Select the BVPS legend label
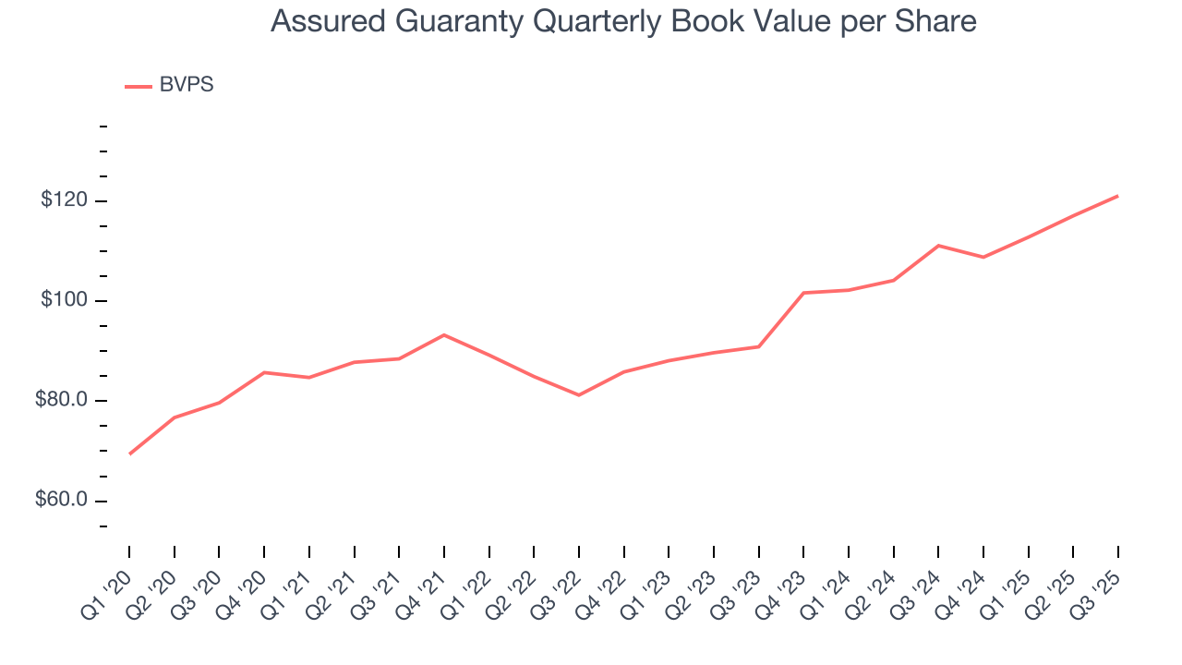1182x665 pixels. click(187, 85)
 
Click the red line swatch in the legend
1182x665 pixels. click(139, 87)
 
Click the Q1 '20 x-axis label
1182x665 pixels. click(109, 585)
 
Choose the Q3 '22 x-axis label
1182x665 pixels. click(559, 585)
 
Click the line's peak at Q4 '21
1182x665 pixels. click(444, 334)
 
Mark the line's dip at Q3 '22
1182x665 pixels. click(579, 395)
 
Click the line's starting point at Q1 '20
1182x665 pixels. click(129, 454)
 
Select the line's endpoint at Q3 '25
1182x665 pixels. click(1118, 196)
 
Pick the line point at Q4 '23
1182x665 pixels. click(803, 293)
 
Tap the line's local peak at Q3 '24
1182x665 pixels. click(938, 246)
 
